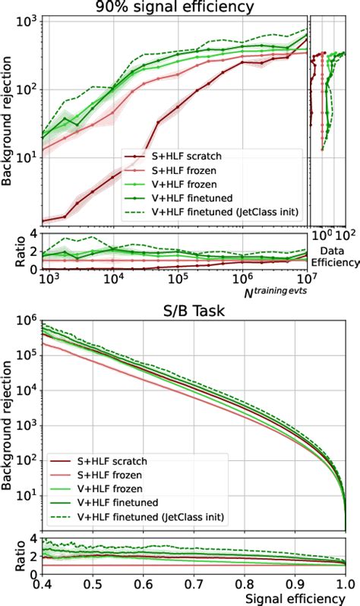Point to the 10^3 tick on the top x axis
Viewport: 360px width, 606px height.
[x=48, y=279]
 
